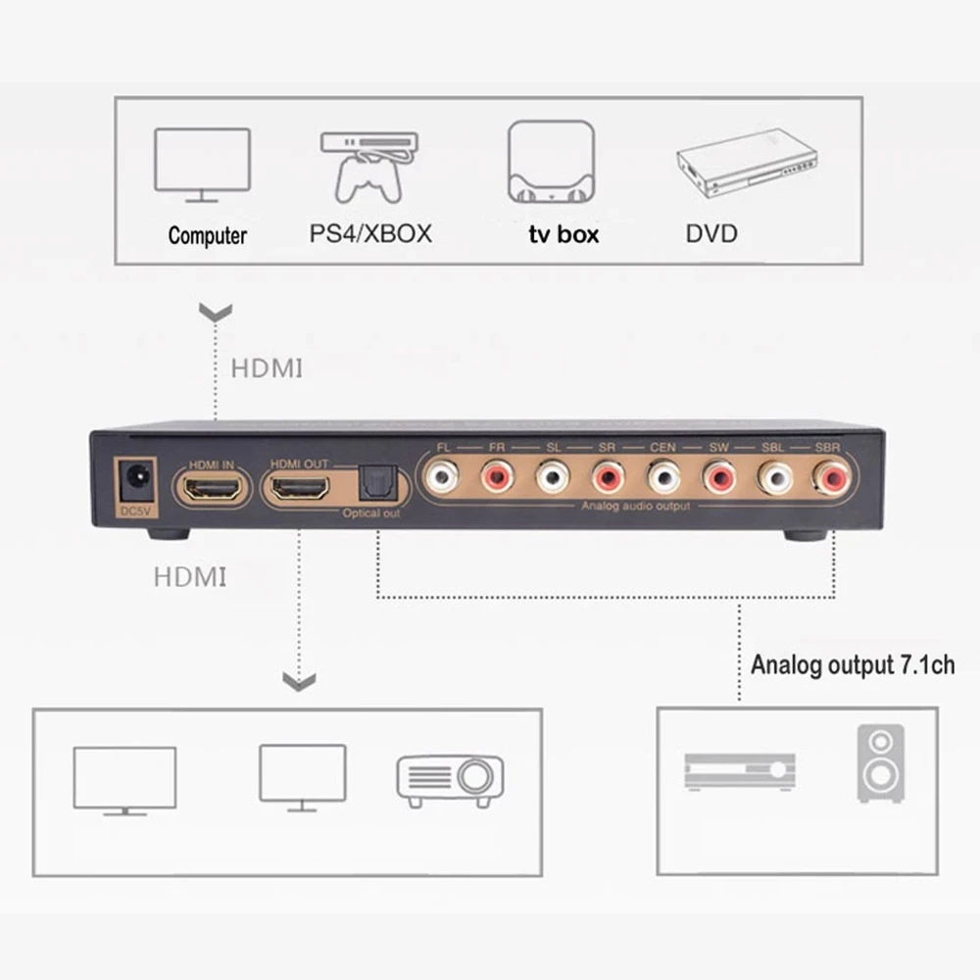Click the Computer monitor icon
pos(203,165)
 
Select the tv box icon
pos(550,163)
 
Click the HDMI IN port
pos(210,487)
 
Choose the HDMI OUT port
pos(300,487)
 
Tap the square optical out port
pos(374,481)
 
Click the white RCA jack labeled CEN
pos(663,478)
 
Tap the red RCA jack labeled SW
pos(719,478)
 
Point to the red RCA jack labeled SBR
pos(831,478)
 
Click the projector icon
pos(450,779)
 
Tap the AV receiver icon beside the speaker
pos(740,771)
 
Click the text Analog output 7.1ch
pos(853,665)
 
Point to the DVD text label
pos(711,233)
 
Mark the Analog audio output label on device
pos(635,506)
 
